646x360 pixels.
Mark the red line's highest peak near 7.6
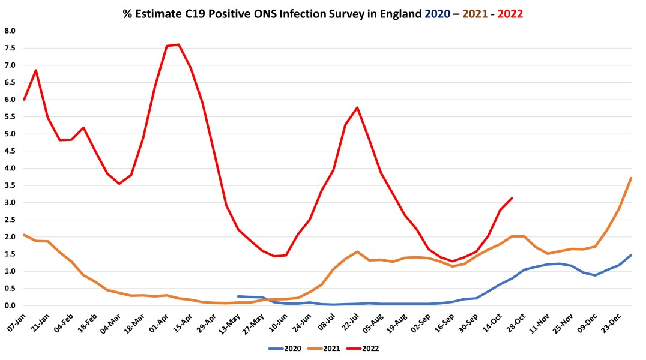point(178,44)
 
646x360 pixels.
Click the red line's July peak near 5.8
point(357,107)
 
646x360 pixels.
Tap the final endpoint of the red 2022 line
point(512,198)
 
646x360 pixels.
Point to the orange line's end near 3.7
point(631,178)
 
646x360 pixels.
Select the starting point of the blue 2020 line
point(238,296)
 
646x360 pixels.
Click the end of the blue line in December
point(631,255)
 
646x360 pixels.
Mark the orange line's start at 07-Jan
point(24,235)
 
